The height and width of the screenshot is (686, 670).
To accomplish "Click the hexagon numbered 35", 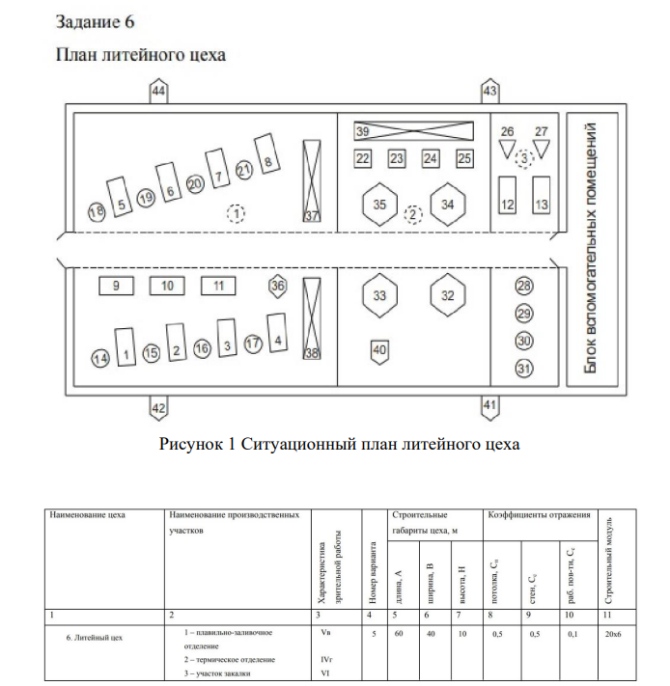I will pyautogui.click(x=379, y=205).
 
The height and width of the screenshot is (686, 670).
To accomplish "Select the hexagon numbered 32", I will pyautogui.click(x=447, y=295).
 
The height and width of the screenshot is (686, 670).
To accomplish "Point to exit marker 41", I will pyautogui.click(x=490, y=407).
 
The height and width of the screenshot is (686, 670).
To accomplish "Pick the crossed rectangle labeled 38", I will pyautogui.click(x=311, y=319).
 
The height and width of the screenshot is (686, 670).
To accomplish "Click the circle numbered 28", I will pyautogui.click(x=524, y=287).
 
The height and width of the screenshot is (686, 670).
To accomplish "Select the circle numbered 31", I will pyautogui.click(x=524, y=368).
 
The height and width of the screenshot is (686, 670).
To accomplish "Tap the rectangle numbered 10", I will pyautogui.click(x=167, y=286).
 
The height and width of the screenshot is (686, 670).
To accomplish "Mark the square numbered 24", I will pyautogui.click(x=431, y=158).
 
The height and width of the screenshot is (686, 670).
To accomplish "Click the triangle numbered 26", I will pyautogui.click(x=508, y=146).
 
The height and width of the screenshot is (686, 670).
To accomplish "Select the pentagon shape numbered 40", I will pyautogui.click(x=379, y=349).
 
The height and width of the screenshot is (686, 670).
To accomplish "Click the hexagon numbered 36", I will pyautogui.click(x=278, y=286).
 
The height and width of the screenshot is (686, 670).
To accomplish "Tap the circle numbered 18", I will pyautogui.click(x=96, y=211).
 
